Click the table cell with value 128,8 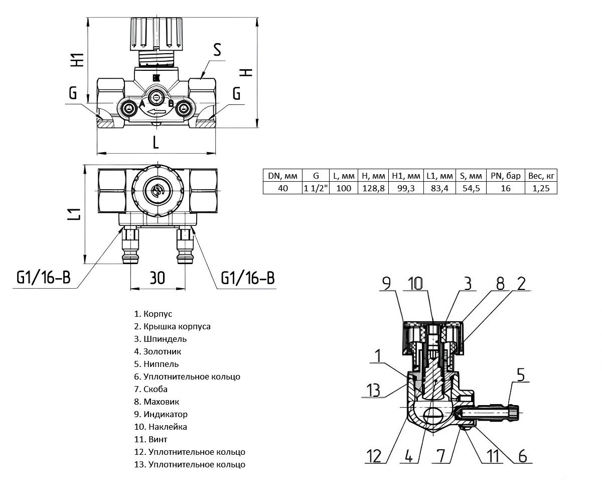(x=373, y=188)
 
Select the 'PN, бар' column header (x=506, y=176)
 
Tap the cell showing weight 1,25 (x=541, y=188)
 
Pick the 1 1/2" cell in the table (x=316, y=188)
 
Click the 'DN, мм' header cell (x=282, y=176)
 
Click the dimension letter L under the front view (x=156, y=143)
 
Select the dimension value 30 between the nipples (x=157, y=277)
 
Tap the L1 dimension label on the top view (x=74, y=214)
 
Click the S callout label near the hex (x=217, y=50)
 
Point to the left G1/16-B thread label (x=43, y=278)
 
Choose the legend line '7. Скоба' (x=155, y=389)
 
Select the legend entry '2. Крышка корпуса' (x=172, y=326)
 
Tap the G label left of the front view (x=73, y=94)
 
